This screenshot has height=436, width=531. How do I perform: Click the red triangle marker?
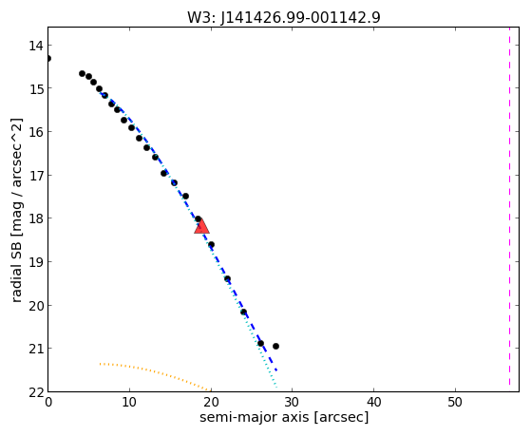pyautogui.click(x=201, y=227)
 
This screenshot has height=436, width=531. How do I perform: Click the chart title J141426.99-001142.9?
pyautogui.click(x=300, y=18)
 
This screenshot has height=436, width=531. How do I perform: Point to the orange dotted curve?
pyautogui.click(x=155, y=372)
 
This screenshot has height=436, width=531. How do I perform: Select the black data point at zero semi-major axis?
pyautogui.click(x=48, y=59)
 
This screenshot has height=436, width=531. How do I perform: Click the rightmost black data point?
pyautogui.click(x=275, y=346)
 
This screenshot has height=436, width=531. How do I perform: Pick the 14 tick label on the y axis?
pyautogui.click(x=35, y=46)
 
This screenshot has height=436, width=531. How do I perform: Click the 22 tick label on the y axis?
pyautogui.click(x=35, y=392)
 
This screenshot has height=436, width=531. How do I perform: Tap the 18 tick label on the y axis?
pyautogui.click(x=35, y=218)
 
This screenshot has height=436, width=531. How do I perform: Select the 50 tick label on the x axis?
pyautogui.click(x=455, y=403)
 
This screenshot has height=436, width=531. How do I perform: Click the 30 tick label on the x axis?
pyautogui.click(x=292, y=403)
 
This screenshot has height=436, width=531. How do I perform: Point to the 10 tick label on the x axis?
pyautogui.click(x=129, y=403)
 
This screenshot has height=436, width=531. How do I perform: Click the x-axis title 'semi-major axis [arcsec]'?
pyautogui.click(x=284, y=417)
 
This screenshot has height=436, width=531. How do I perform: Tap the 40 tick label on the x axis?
pyautogui.click(x=373, y=403)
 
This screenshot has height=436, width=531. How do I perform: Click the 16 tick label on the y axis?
pyautogui.click(x=35, y=132)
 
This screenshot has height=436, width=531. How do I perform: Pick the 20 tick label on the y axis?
pyautogui.click(x=35, y=306)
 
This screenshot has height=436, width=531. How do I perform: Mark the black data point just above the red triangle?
pyautogui.click(x=199, y=219)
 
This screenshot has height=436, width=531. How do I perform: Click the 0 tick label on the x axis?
pyautogui.click(x=48, y=403)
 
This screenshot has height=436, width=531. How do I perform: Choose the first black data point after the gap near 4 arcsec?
pyautogui.click(x=82, y=73)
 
